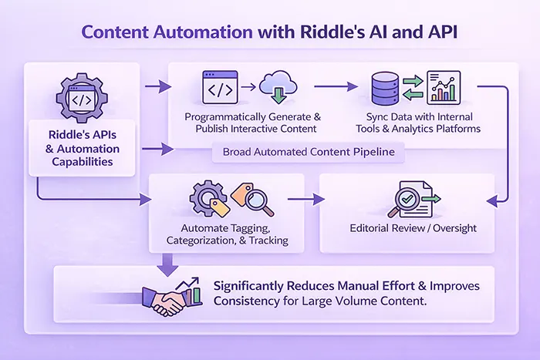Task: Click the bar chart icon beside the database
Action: point(443,87)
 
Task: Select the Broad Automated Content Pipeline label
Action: point(309,152)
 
